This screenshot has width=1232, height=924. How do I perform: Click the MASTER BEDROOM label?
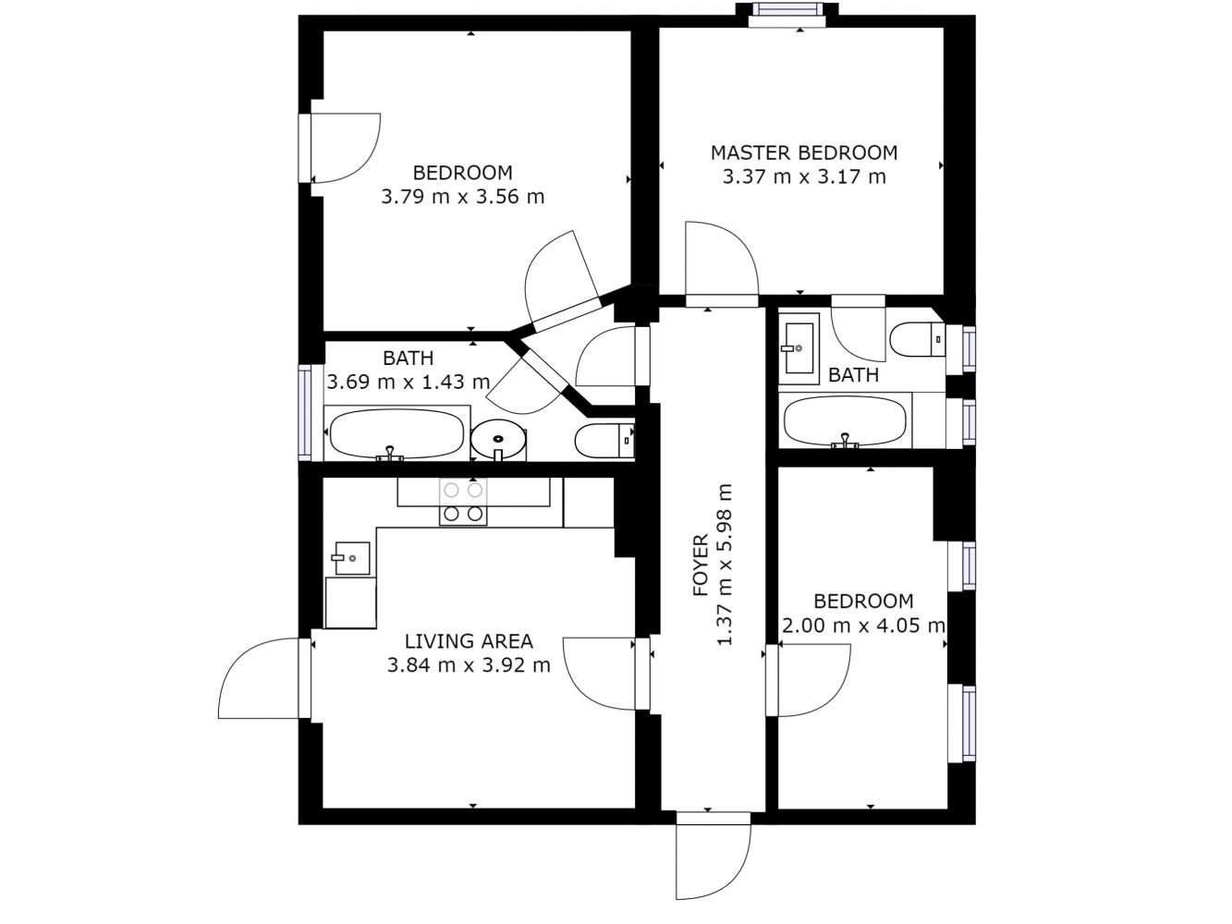[804, 152]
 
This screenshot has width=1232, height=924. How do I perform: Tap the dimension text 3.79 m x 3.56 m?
[462, 197]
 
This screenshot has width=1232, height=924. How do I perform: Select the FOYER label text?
[701, 565]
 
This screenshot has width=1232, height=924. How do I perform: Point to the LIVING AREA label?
[469, 640]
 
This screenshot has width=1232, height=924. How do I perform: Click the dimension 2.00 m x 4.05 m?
[863, 625]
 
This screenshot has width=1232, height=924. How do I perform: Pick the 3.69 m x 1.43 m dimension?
[408, 382]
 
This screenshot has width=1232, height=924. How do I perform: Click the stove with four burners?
[463, 502]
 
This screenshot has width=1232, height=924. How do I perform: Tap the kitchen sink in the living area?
[352, 558]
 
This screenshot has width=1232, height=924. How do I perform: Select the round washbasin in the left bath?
[498, 439]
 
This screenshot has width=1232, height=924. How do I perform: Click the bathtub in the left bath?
[396, 433]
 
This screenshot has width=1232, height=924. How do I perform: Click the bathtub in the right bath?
[846, 420]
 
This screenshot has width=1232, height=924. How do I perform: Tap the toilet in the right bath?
[918, 339]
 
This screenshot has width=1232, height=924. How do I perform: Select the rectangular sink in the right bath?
[799, 348]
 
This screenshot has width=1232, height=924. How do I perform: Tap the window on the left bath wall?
[305, 412]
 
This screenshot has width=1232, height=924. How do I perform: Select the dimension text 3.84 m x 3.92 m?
[469, 665]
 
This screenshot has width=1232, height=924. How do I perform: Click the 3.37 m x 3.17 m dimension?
[804, 176]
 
